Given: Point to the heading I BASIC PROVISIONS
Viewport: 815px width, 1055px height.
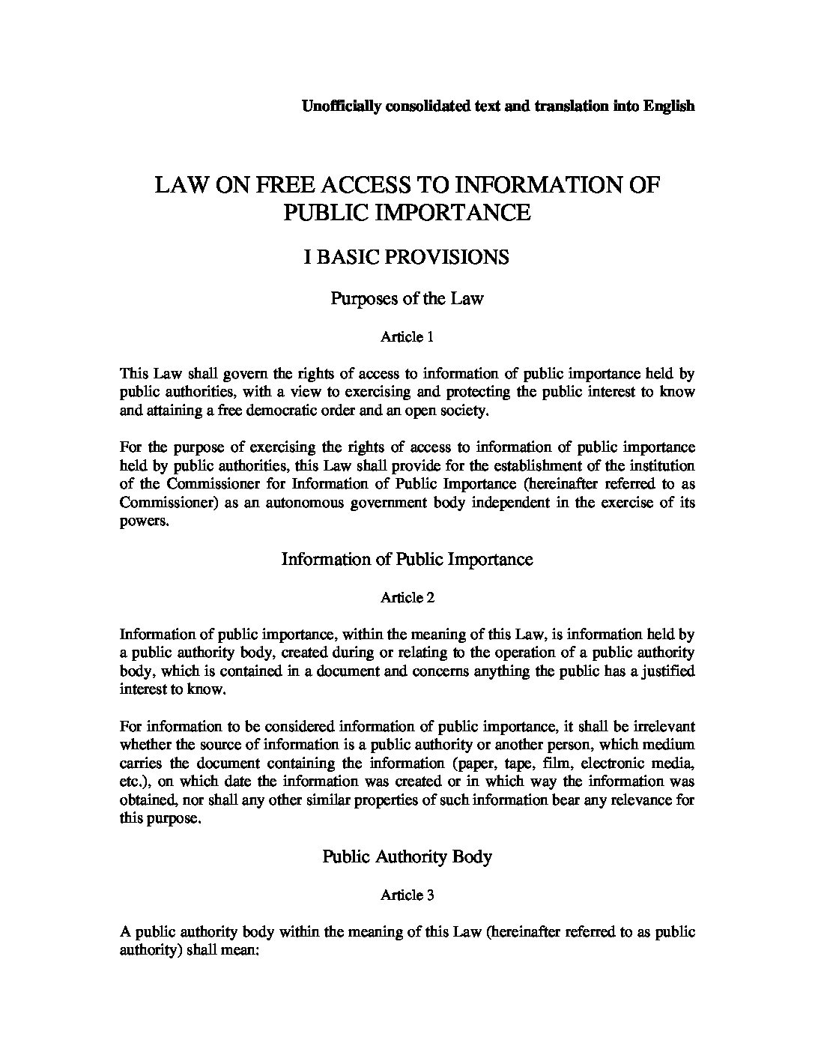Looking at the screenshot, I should click(407, 257).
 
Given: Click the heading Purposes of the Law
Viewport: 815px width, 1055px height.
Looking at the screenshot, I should click(407, 298).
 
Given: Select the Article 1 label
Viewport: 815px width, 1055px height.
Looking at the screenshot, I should click(407, 337).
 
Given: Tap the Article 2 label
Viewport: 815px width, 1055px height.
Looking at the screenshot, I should click(407, 597).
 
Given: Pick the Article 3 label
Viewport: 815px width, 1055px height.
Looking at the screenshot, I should click(407, 894).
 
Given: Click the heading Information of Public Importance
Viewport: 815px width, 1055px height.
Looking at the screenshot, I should click(407, 559).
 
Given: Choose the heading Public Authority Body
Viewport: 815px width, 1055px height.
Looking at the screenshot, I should click(407, 856).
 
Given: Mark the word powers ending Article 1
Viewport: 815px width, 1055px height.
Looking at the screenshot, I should click(143, 521).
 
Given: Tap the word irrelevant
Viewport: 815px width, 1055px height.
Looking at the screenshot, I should click(661, 726).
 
